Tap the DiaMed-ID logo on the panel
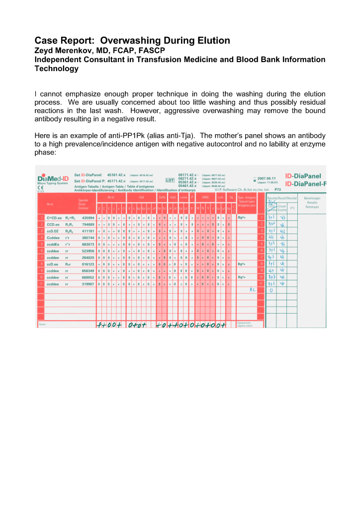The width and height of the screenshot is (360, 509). [x=53, y=177]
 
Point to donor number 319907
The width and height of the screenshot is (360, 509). [x=88, y=283]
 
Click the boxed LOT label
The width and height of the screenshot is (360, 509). [x=169, y=180]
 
